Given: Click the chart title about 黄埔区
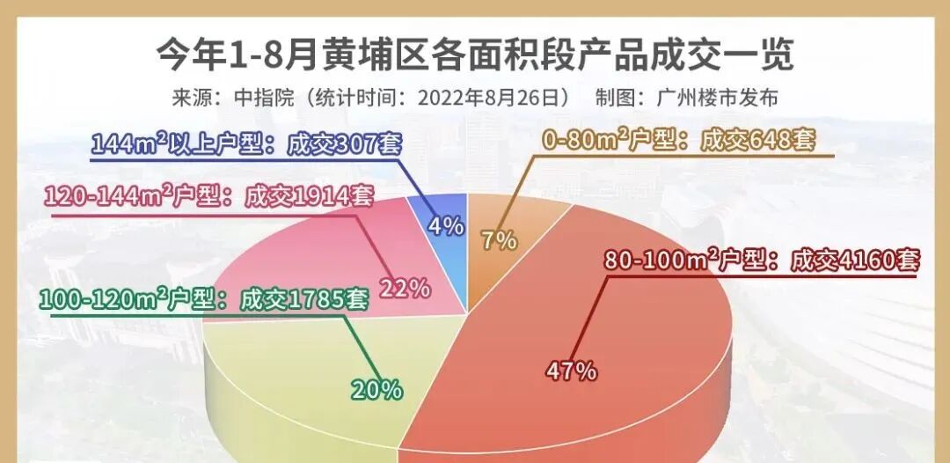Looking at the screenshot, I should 475,55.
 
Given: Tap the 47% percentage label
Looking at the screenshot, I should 571,371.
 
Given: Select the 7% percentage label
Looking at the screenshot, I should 499,240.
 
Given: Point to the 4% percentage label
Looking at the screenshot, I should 446,226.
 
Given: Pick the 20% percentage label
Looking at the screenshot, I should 377,389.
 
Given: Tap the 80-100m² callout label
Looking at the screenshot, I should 761,261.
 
